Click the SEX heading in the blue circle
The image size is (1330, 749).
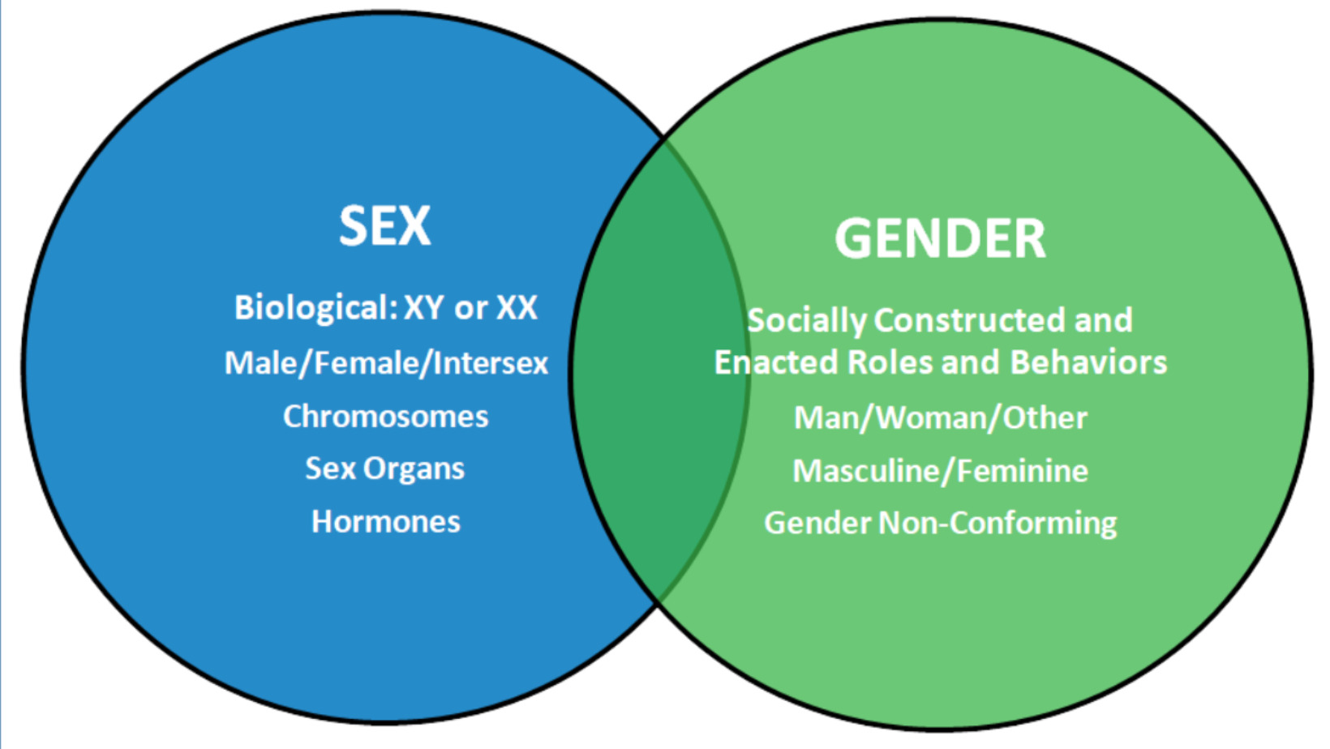pyautogui.click(x=384, y=225)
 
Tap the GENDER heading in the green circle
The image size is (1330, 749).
pyautogui.click(x=940, y=239)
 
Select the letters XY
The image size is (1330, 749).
pyautogui.click(x=423, y=308)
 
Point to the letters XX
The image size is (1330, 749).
pyautogui.click(x=517, y=308)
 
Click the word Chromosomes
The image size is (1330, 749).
pyautogui.click(x=385, y=417)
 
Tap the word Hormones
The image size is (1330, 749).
pyautogui.click(x=385, y=522)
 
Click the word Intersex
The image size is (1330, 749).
pyautogui.click(x=491, y=363)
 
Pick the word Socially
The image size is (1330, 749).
pyautogui.click(x=806, y=321)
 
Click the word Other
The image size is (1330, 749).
pyautogui.click(x=1045, y=418)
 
